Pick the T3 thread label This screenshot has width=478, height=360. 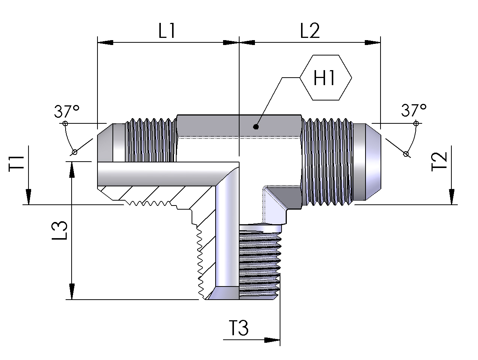pyautogui.click(x=238, y=328)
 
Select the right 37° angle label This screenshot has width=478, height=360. pyautogui.click(x=414, y=111)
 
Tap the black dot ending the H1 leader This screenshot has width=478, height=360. pyautogui.click(x=256, y=127)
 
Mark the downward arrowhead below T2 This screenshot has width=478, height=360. pyautogui.click(x=451, y=197)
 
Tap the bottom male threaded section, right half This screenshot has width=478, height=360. pyautogui.click(x=260, y=262)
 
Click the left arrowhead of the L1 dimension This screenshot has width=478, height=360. pyautogui.click(x=105, y=43)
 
